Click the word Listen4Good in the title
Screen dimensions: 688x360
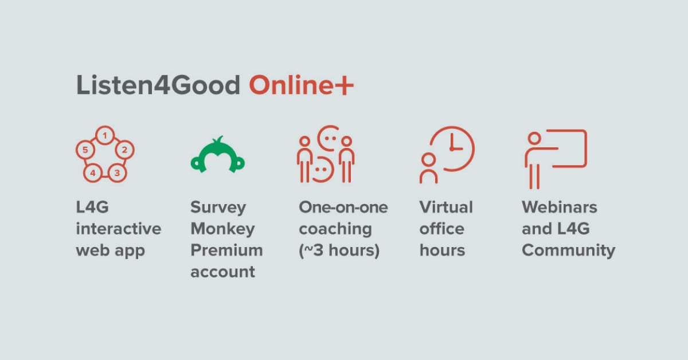tap(158, 84)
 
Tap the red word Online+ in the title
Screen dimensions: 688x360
tap(302, 84)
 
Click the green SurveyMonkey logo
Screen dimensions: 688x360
tap(218, 155)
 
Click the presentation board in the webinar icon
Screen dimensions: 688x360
tap(586, 148)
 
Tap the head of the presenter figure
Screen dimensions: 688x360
tap(534, 138)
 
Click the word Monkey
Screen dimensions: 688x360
tap(222, 229)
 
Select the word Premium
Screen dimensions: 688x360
tap(226, 250)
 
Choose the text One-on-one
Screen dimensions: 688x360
tap(343, 208)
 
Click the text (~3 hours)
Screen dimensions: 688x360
tap(339, 251)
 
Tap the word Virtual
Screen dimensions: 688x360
tap(446, 207)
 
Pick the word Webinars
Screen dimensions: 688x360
tap(560, 207)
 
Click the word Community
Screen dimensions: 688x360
tap(568, 251)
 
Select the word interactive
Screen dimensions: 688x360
tap(119, 229)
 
